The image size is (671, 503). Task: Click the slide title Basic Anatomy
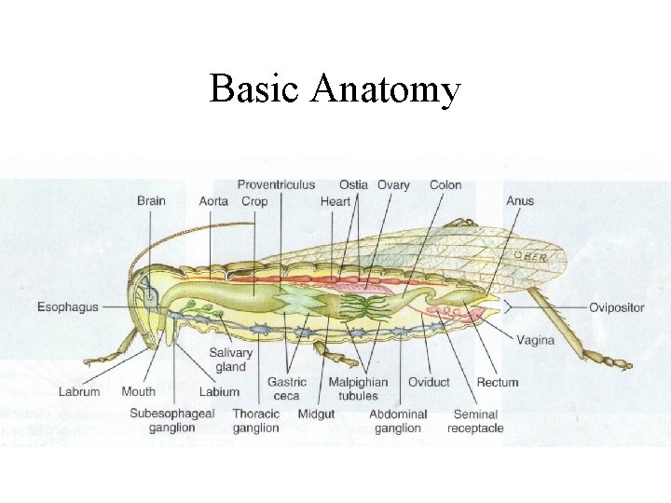coord(335,89)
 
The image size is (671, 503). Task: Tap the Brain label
coord(151,200)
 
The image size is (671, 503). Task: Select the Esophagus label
coord(67,306)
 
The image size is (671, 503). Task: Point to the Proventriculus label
coord(276,184)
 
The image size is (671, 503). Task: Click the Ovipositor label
coord(616,307)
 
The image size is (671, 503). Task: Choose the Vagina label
coord(535,340)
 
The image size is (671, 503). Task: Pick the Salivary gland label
coord(230,360)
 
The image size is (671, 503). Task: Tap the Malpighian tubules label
coord(358,388)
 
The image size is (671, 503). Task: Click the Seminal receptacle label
coord(475,421)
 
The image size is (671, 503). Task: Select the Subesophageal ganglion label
coord(171,421)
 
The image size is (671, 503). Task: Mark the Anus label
coord(520,200)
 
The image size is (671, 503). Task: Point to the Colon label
coord(445,184)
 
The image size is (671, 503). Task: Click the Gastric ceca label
coord(286,388)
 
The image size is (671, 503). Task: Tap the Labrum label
coord(79,392)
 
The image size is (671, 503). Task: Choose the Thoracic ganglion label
coord(255,421)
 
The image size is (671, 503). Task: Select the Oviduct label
coord(428,382)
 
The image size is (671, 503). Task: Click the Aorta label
coord(213,201)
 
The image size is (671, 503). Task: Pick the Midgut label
coord(316,414)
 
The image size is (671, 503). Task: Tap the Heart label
coord(335,201)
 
